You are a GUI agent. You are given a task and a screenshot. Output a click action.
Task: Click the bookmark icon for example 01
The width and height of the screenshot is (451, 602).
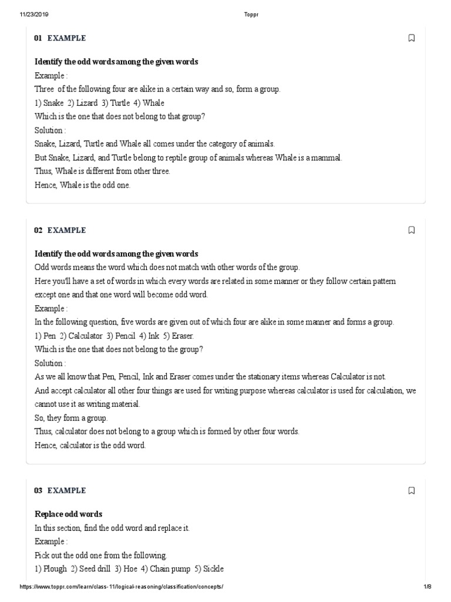click(411, 38)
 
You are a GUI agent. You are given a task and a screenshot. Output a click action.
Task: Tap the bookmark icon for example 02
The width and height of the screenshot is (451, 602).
click(411, 230)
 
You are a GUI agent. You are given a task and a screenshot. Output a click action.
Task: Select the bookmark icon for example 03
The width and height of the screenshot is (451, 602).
click(411, 491)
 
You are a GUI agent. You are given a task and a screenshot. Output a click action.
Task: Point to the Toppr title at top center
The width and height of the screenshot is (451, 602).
click(251, 15)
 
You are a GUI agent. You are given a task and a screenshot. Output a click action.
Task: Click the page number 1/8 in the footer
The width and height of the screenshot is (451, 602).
click(427, 587)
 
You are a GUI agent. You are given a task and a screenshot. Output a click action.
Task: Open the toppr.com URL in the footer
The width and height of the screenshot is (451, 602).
click(122, 587)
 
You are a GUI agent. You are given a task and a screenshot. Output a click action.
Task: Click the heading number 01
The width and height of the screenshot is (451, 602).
click(38, 38)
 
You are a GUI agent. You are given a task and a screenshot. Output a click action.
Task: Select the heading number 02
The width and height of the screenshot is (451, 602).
click(38, 230)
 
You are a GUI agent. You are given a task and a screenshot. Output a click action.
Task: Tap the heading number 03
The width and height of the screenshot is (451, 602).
click(38, 491)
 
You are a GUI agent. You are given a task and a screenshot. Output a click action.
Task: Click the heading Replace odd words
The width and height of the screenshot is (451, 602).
click(68, 514)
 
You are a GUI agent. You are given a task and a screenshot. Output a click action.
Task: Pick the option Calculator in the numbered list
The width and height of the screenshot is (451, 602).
click(86, 336)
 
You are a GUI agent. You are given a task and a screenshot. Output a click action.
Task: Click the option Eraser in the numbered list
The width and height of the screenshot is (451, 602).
click(181, 336)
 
